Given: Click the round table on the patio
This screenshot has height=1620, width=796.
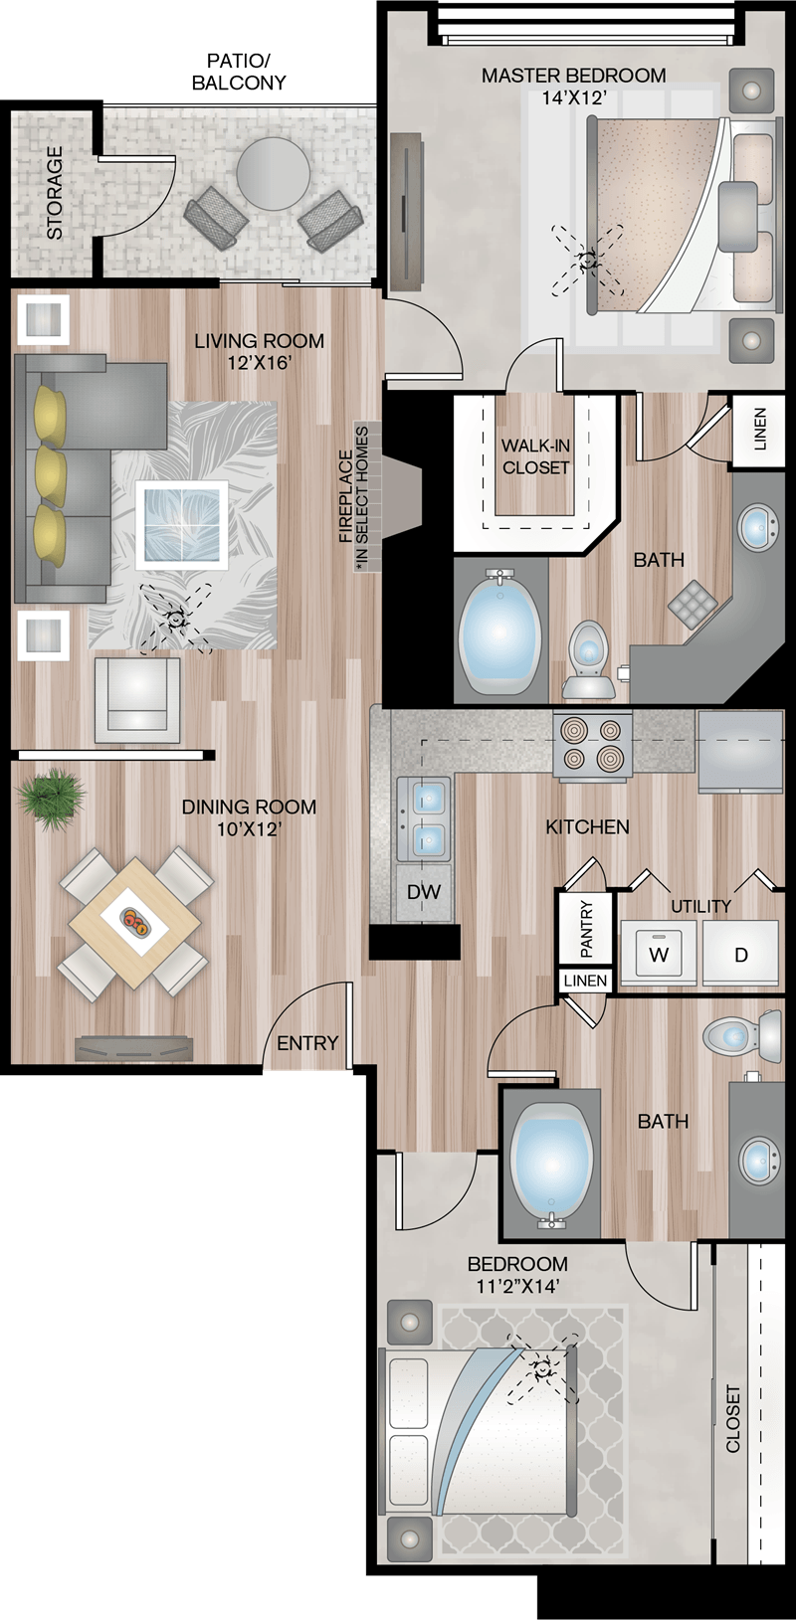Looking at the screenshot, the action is point(272,174).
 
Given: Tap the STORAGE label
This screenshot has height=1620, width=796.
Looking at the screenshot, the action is point(55,192).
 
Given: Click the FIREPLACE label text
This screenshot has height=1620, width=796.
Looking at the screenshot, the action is point(346,496).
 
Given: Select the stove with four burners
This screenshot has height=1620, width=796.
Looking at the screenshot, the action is point(593,747).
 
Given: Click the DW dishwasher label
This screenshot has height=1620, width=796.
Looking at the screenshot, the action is point(423,892).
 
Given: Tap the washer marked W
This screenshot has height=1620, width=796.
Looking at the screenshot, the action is point(659,953).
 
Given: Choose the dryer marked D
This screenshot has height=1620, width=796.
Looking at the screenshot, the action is point(740,953).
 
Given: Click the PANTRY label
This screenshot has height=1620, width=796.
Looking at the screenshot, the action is point(587,929).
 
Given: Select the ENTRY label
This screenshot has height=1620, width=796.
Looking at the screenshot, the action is point(307,1043).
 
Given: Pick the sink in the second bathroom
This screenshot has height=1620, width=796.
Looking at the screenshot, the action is point(760,1158).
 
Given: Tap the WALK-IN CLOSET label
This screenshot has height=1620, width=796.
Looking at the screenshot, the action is point(536,457).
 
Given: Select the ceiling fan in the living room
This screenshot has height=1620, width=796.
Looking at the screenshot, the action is point(175,620).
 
